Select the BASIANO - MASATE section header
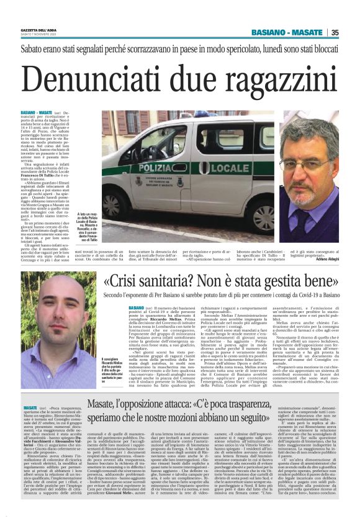pyautogui.click(x=290, y=33)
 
